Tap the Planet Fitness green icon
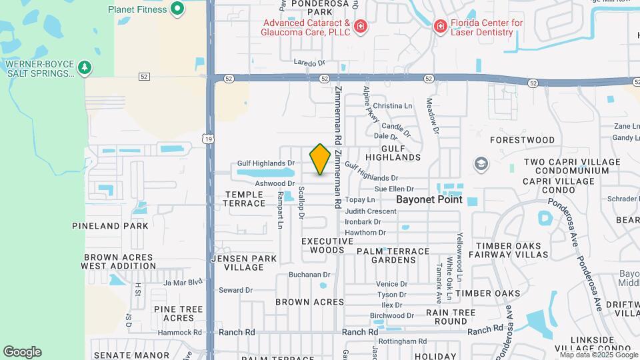[x=177, y=9]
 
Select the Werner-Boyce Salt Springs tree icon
[x=84, y=67]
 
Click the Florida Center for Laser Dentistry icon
[x=440, y=27]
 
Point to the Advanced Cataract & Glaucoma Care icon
[x=361, y=27]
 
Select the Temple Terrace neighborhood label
[x=245, y=199]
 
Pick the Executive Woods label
[x=327, y=245]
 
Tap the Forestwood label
[x=522, y=140]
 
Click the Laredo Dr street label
[x=309, y=63]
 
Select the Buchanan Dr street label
[x=309, y=275]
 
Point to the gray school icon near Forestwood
[x=481, y=163]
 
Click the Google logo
[x=22, y=352]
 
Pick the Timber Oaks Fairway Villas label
[x=512, y=250]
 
